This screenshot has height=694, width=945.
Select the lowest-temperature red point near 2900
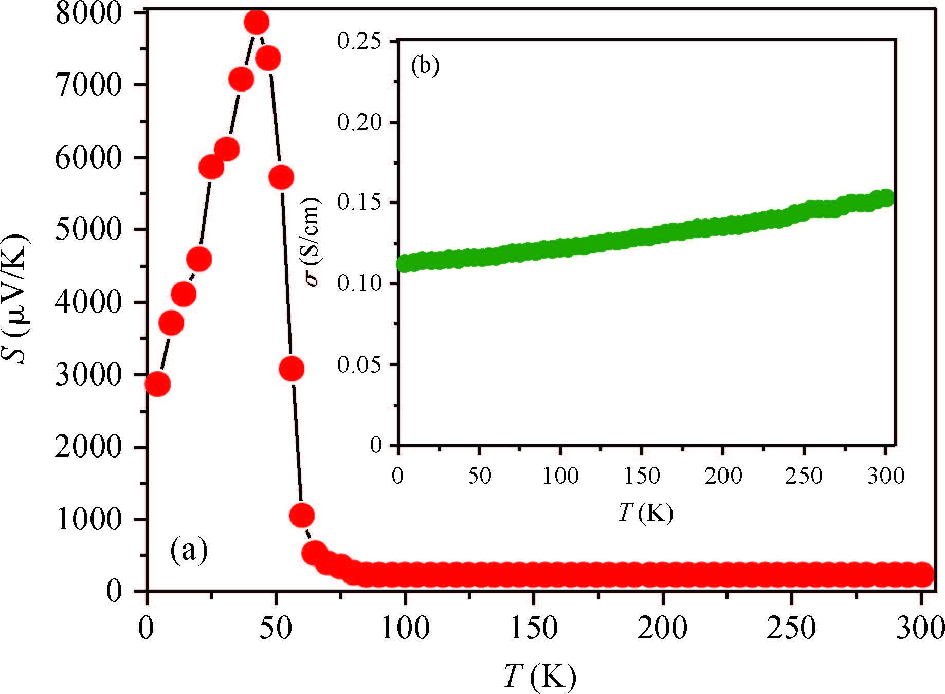coord(157,384)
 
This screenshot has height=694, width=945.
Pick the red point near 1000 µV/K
coord(302,515)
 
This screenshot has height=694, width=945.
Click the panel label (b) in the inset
coord(425,66)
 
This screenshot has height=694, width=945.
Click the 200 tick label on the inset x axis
coord(723,476)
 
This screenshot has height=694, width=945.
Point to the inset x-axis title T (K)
coord(645,513)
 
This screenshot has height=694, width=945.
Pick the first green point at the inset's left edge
coord(405,264)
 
